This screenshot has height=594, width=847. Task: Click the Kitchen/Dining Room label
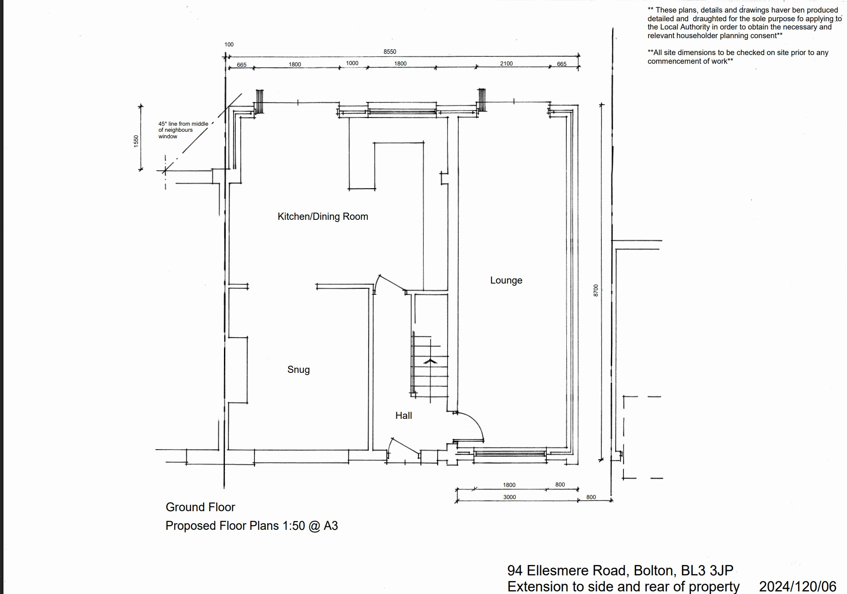pos(323,216)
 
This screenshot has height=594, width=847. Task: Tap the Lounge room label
pos(506,281)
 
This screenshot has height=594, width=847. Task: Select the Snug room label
pos(299,369)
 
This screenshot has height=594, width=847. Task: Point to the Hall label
pos(403,415)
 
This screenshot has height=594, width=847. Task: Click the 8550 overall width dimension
pos(389,52)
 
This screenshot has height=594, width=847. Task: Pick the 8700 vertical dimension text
pos(596,290)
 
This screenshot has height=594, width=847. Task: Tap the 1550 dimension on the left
pos(136,141)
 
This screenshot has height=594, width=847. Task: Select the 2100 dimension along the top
pos(506,63)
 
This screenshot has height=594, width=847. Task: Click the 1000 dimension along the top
pos(352,63)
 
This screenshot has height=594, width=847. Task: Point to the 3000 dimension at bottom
pos(509,497)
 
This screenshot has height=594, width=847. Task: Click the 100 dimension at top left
pos(229,44)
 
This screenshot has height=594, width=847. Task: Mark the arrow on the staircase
pos(430,361)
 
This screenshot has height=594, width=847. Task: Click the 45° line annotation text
pos(183,130)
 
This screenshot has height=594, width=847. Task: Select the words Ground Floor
pos(200,507)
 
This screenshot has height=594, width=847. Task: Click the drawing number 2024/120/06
pos(797,586)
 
